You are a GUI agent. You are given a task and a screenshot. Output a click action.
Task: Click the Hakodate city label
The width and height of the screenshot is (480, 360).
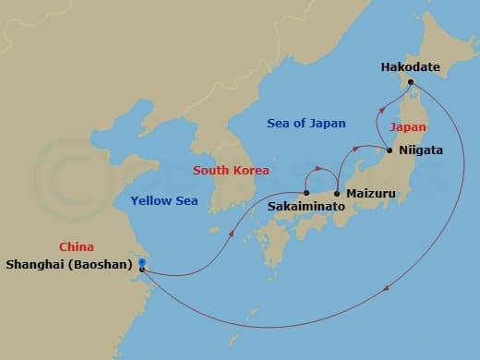click(x=411, y=66)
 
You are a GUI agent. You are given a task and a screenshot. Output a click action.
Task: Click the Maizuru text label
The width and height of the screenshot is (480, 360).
click(x=370, y=194)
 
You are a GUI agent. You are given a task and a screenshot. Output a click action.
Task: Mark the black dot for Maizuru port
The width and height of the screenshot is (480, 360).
click(x=338, y=194)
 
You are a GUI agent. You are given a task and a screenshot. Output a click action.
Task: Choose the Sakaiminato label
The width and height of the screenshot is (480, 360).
click(x=306, y=209)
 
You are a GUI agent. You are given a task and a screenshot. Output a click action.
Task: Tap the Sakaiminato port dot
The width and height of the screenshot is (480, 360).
click(x=306, y=194)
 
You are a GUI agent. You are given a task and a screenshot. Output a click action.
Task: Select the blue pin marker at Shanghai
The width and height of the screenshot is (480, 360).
click(x=141, y=263)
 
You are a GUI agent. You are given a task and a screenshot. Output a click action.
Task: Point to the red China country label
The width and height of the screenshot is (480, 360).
click(x=77, y=247)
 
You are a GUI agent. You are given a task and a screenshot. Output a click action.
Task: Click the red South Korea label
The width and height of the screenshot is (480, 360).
click(x=231, y=171)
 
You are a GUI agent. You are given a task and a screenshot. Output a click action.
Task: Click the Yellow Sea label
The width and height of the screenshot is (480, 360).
click(x=161, y=200)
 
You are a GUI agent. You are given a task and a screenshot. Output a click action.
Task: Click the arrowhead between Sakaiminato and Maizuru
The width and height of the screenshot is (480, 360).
click(x=318, y=169)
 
